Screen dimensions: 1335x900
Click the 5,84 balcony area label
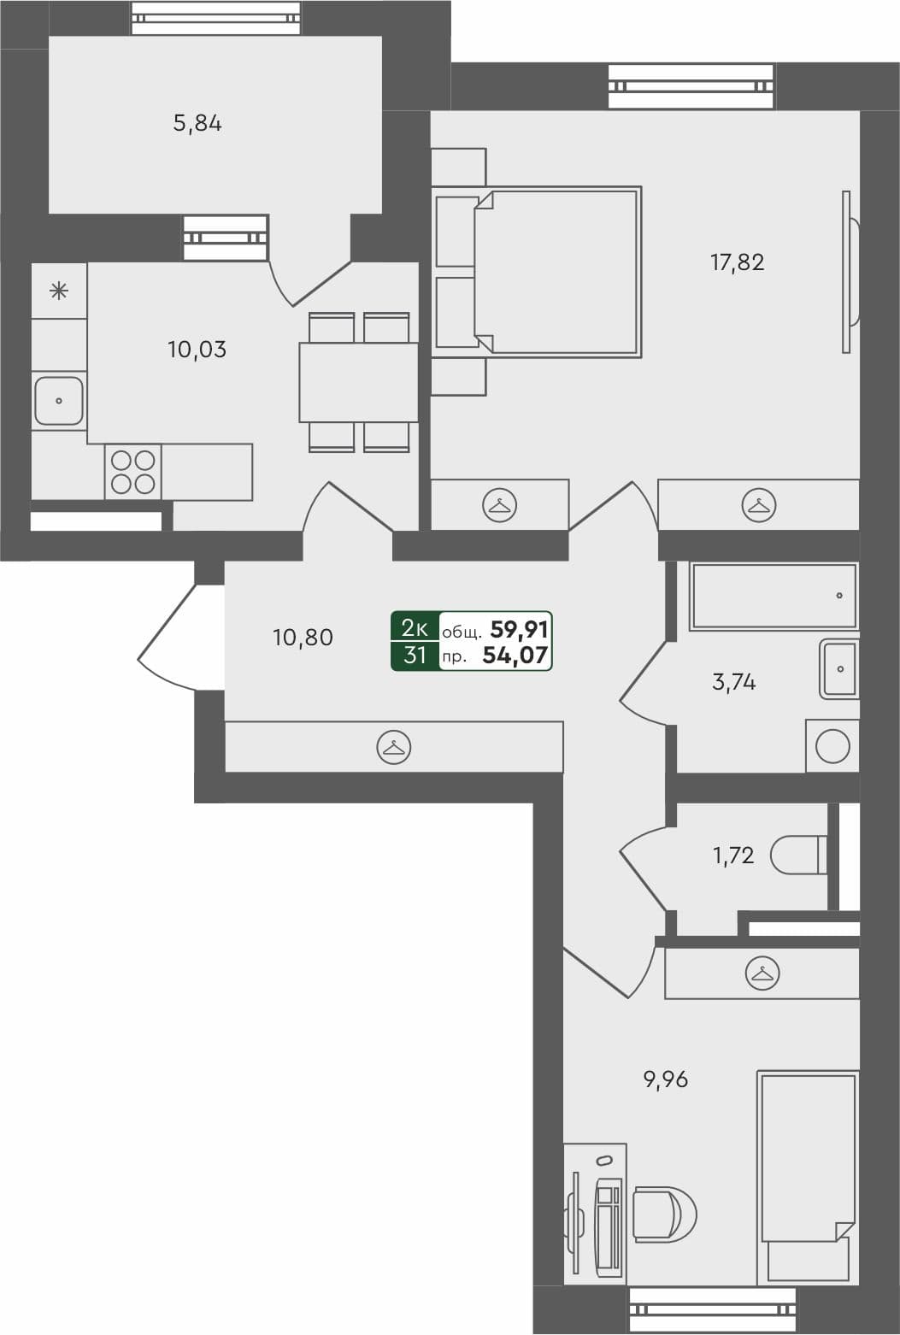197,124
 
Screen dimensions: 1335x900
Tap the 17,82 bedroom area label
737,262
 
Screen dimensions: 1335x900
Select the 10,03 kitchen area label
197,350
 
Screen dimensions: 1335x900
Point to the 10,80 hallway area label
303,638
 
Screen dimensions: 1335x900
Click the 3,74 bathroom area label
733,682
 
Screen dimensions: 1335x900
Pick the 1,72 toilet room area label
733,855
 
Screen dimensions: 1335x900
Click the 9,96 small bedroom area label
665,1079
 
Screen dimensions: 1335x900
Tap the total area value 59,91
519,630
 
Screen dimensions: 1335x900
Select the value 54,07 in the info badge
515,656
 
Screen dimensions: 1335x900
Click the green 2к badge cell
415,628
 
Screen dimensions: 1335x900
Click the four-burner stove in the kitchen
133,472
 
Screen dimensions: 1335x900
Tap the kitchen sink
59,400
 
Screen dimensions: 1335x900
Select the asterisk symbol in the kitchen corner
59,291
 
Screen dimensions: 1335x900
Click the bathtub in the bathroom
774,596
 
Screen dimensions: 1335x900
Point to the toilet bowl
797,855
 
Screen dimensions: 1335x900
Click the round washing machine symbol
832,746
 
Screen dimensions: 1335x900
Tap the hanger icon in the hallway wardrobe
393,747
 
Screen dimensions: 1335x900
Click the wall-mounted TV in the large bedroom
849,271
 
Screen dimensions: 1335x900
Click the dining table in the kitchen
358,382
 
